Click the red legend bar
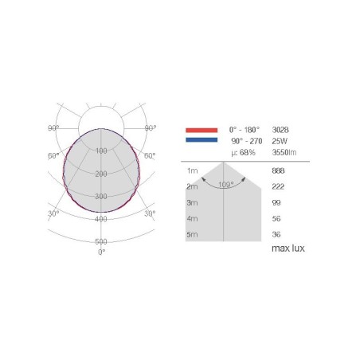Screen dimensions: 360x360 point(202,130)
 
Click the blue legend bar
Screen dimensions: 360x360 point(202,140)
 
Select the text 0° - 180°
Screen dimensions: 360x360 point(245,130)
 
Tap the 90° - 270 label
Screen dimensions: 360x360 point(247,141)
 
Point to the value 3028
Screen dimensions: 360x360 point(280,130)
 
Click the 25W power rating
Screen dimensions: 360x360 point(280,141)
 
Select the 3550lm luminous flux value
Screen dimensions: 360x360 point(284,152)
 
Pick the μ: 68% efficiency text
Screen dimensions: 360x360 point(243,153)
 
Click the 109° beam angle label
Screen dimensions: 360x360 point(226,184)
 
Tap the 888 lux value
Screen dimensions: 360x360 point(278,170)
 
